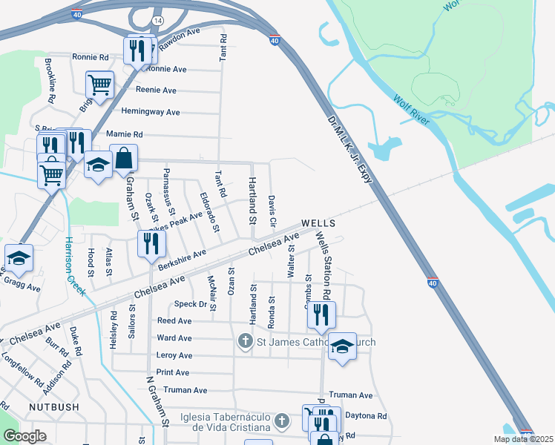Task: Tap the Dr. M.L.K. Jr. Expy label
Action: click(349, 145)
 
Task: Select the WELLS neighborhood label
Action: click(318, 223)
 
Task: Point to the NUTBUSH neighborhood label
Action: click(53, 407)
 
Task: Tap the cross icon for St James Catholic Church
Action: click(246, 342)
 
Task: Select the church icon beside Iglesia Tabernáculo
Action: click(280, 421)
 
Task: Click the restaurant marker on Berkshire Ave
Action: click(151, 244)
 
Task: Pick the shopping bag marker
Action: click(124, 158)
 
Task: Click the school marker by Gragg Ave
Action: click(19, 257)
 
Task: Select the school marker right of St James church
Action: click(342, 347)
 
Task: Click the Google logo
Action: click(25, 437)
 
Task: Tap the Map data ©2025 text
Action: click(523, 439)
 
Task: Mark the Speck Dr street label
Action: click(190, 304)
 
